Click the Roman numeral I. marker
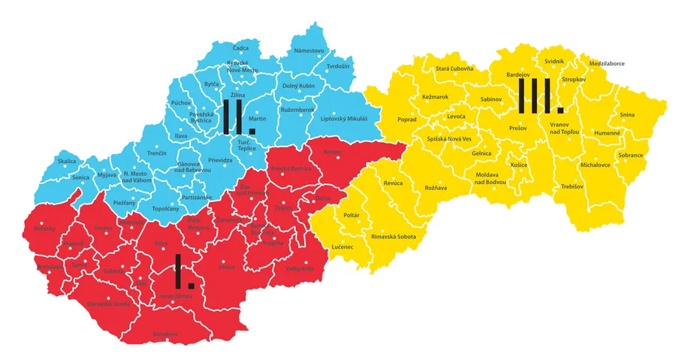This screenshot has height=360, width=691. point(183,272)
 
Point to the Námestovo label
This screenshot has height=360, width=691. point(309,50)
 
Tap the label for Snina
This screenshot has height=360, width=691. point(627,114)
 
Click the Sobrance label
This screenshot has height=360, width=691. point(630,156)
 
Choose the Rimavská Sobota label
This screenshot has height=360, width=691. point(394,237)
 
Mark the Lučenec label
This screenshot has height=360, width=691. point(342,247)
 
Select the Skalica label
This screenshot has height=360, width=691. point(67,162)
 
